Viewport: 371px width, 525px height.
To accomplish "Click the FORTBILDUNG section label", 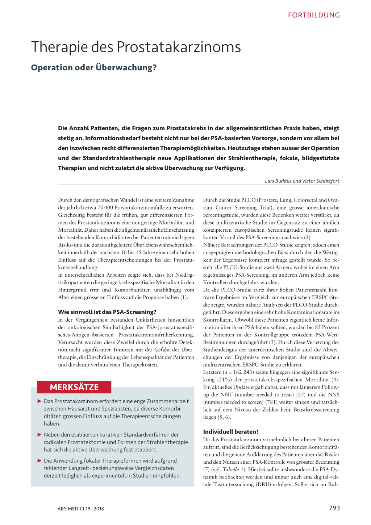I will (314, 15).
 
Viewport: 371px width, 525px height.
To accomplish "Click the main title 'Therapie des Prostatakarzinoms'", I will (136, 47).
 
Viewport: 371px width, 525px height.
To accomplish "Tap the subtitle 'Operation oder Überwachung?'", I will (94, 67).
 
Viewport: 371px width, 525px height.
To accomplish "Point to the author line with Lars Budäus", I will (302, 181).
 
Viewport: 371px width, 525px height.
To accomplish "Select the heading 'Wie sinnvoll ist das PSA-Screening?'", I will (107, 312).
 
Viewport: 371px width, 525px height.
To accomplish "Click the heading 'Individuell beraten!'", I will (230, 431).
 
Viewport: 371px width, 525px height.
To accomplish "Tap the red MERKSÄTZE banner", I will (74, 387).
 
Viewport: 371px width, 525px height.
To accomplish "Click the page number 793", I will (334, 508).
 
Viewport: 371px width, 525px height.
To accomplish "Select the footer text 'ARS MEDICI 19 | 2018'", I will (80, 509).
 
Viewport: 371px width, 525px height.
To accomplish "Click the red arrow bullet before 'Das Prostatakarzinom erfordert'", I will (39, 401).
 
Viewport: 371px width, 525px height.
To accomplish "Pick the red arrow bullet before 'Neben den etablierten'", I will (39, 434).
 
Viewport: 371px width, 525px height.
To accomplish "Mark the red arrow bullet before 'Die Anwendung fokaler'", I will (39, 460).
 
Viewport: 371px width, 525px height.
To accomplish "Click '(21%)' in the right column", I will (224, 380).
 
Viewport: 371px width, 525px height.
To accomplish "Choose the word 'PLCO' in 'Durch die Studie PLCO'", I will (249, 200).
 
